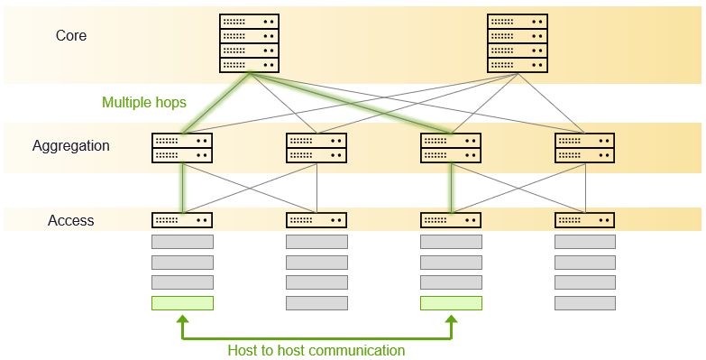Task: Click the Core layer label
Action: coord(71,36)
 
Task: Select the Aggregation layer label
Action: coord(71,145)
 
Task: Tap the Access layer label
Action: coord(71,220)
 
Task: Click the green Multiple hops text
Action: coord(144,102)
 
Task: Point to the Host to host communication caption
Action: coord(316,350)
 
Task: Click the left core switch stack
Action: coord(249,42)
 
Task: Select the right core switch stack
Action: coord(517,42)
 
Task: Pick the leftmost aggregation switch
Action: coord(182,148)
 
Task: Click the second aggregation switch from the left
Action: coord(316,148)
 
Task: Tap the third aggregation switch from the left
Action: coord(451,148)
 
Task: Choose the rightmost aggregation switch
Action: coord(585,148)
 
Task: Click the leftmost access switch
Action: coord(182,219)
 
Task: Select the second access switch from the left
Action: coord(316,219)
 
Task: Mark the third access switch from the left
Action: coord(451,219)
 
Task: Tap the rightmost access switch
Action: coord(585,219)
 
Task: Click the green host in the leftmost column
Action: coord(182,303)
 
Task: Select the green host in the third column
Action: coord(451,303)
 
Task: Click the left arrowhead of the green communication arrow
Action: coord(182,319)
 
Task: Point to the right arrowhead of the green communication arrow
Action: coord(451,319)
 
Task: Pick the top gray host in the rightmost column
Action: coord(585,242)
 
